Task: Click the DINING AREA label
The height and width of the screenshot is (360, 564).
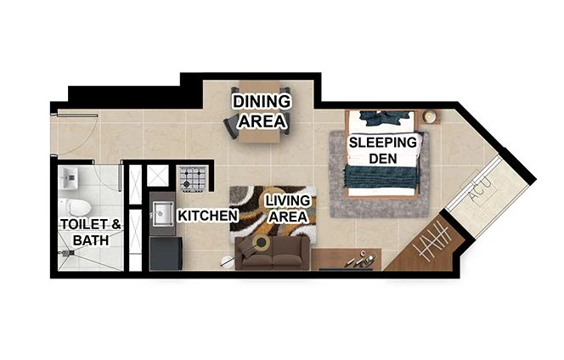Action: click(262, 111)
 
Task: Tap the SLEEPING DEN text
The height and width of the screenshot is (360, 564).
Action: click(383, 150)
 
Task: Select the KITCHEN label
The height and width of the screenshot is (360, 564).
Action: click(206, 216)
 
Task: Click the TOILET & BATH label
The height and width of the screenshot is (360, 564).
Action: click(91, 232)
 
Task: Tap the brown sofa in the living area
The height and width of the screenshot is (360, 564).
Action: click(272, 252)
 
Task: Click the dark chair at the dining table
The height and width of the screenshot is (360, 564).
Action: click(229, 126)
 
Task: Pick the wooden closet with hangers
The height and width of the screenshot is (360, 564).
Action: click(420, 246)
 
